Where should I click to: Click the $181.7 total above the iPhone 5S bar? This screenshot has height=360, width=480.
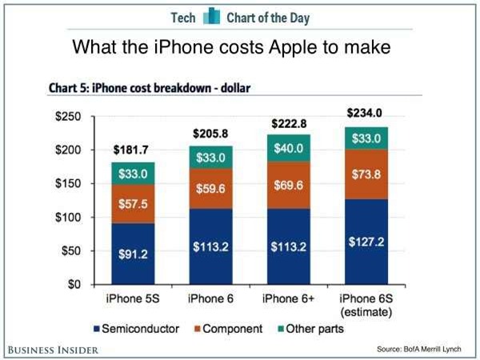pos(132,150)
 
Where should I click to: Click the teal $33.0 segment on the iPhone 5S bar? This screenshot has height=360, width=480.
pos(132,174)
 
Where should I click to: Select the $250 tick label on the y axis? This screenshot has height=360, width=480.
pos(68,117)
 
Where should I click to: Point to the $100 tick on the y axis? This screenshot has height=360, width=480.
pos(68,218)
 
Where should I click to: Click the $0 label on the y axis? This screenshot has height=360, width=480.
pos(74,284)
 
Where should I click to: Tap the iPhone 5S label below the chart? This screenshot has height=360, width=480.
pos(132,299)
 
